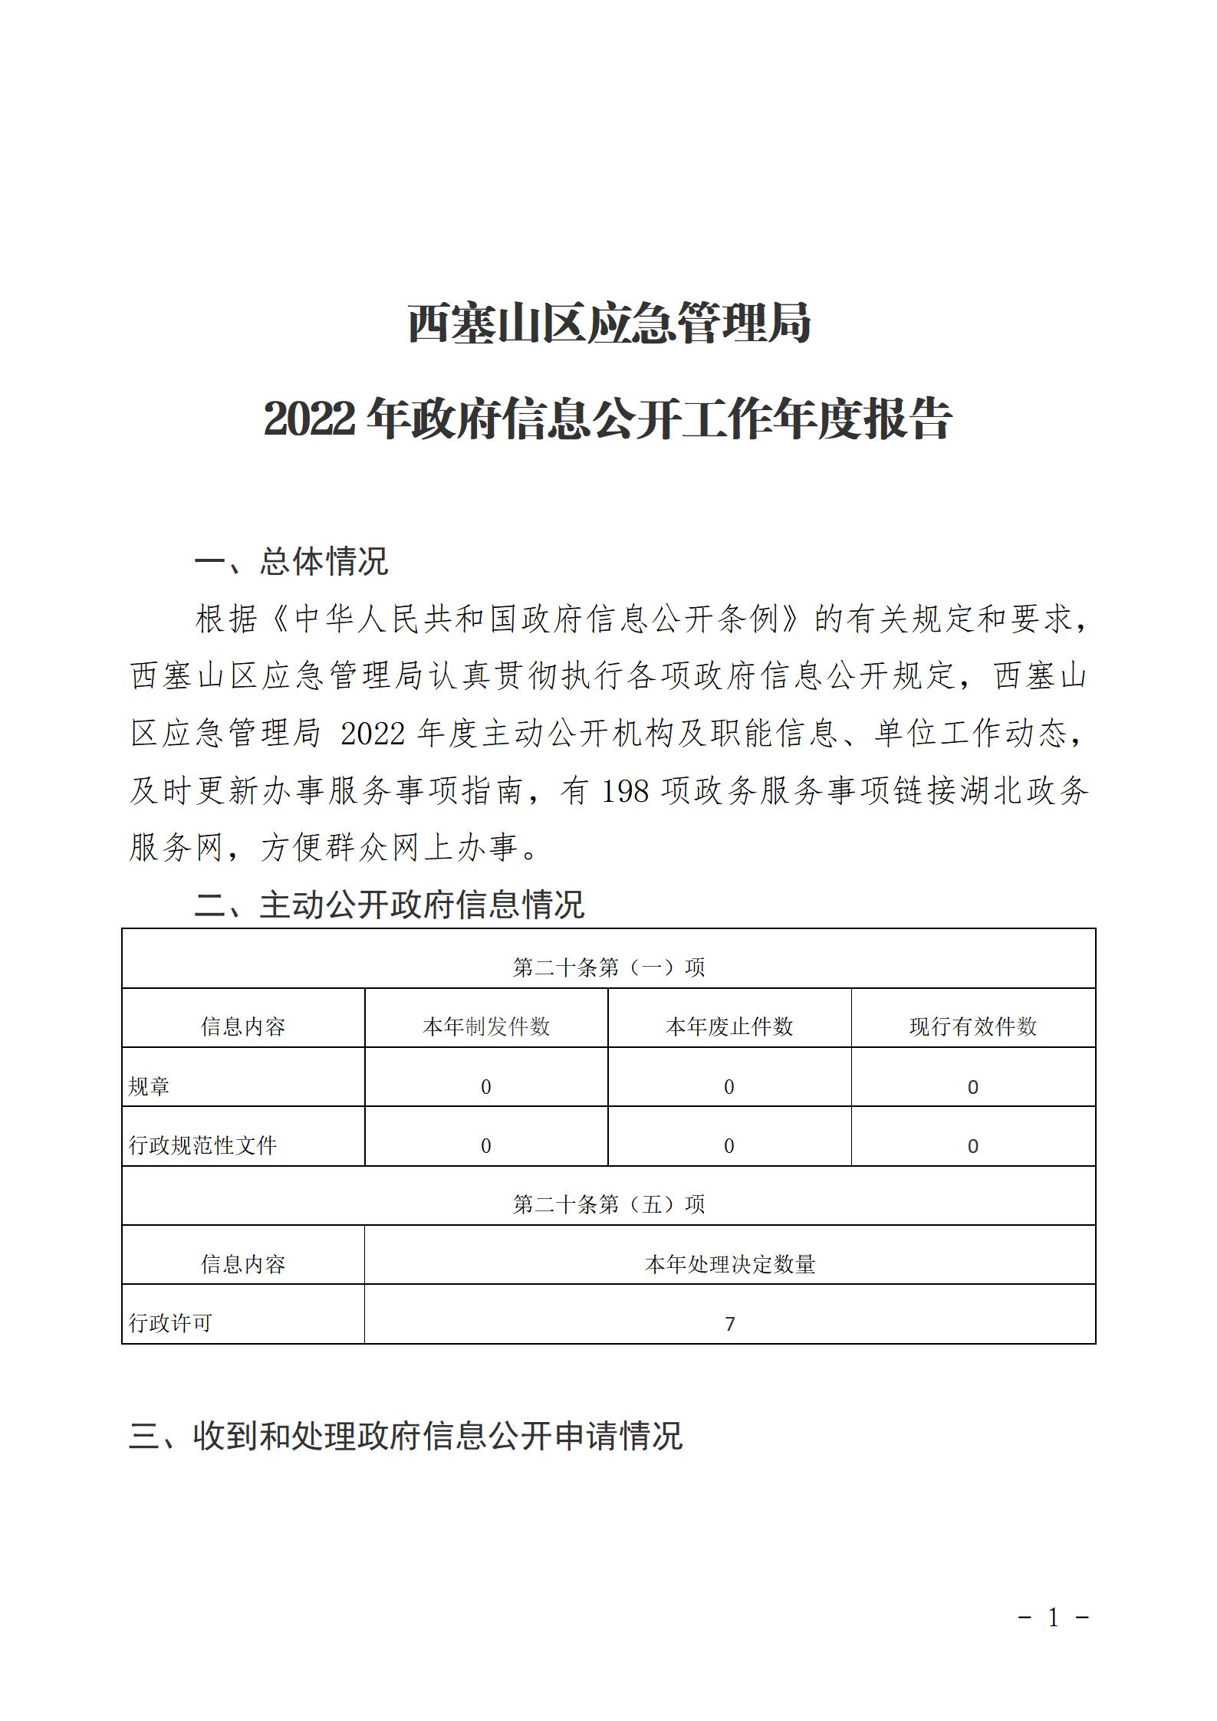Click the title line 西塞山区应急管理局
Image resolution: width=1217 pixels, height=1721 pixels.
[x=608, y=323]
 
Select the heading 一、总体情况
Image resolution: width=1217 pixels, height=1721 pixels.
[x=291, y=561]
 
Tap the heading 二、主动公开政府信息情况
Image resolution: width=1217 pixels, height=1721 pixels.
[x=390, y=905]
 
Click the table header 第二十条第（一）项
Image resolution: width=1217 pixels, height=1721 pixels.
[x=608, y=967]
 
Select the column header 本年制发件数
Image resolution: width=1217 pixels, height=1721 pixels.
[x=486, y=1026]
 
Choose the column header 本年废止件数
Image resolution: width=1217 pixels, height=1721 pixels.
[x=729, y=1026]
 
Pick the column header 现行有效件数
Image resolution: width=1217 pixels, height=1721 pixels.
[x=973, y=1026]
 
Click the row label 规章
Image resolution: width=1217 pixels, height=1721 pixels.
[x=150, y=1086]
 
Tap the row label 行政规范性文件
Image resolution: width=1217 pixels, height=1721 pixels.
[x=203, y=1145]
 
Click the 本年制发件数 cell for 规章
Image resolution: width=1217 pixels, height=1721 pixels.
[x=486, y=1087]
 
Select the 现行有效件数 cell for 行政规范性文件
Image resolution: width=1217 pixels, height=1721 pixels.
[x=973, y=1146]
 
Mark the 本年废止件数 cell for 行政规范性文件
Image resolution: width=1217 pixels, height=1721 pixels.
[x=729, y=1146]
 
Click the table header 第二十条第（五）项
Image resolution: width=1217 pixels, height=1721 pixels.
[x=608, y=1204]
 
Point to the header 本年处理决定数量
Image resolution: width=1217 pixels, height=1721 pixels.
[x=729, y=1264]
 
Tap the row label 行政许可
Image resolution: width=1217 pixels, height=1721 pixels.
[x=170, y=1323]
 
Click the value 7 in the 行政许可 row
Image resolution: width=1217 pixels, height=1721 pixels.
[x=729, y=1324]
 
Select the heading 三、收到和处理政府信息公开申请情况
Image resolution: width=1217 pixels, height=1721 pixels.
[x=406, y=1435]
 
